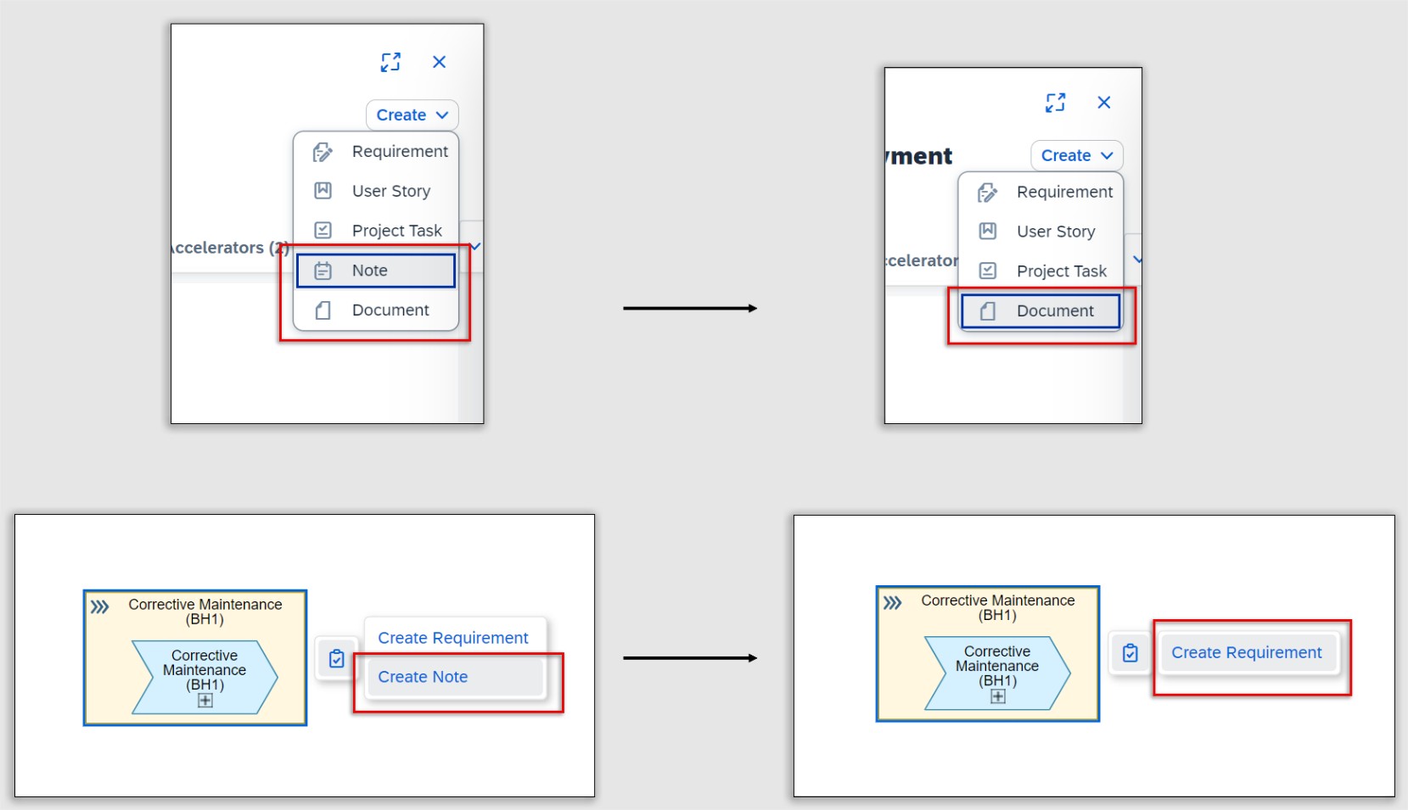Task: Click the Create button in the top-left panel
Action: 412,115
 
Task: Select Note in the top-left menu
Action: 375,271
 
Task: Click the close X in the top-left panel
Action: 439,62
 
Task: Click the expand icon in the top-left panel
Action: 390,62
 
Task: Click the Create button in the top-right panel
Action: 1076,156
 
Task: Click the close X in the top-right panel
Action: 1103,103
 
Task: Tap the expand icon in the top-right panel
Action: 1055,103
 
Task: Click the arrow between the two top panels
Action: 689,309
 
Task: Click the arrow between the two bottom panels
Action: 689,658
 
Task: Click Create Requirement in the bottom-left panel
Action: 453,638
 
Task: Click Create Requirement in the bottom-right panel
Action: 1246,653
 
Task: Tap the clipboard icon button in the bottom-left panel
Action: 337,658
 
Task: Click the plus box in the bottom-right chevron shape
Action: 998,696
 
